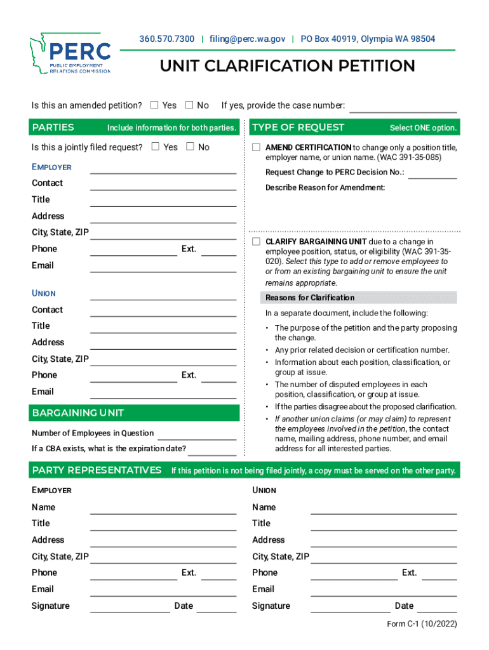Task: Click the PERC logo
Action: (x=70, y=54)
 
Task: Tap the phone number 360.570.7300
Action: (x=167, y=39)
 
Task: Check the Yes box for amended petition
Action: (x=154, y=105)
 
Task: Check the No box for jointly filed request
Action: (x=190, y=147)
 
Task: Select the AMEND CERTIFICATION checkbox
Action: (x=256, y=147)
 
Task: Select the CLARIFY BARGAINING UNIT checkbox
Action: (x=256, y=242)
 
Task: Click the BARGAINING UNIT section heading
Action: (x=78, y=413)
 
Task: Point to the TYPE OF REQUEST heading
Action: (x=298, y=128)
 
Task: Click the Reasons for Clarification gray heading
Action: (x=310, y=298)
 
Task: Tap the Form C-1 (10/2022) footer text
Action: (x=422, y=624)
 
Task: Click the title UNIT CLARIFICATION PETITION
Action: (x=287, y=66)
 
